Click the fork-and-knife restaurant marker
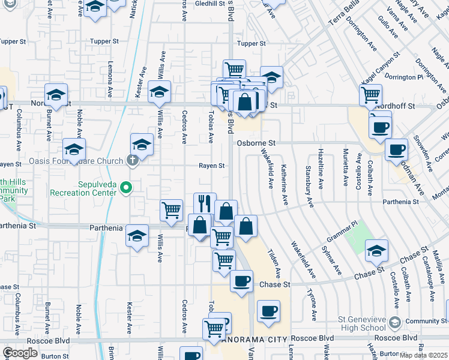[205, 203]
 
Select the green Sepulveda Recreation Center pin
[126, 188]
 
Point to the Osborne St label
[256, 143]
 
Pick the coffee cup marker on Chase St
[241, 281]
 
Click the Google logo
[20, 353]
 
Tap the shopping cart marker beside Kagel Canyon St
[371, 94]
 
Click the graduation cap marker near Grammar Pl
[376, 251]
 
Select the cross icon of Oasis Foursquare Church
[132, 160]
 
